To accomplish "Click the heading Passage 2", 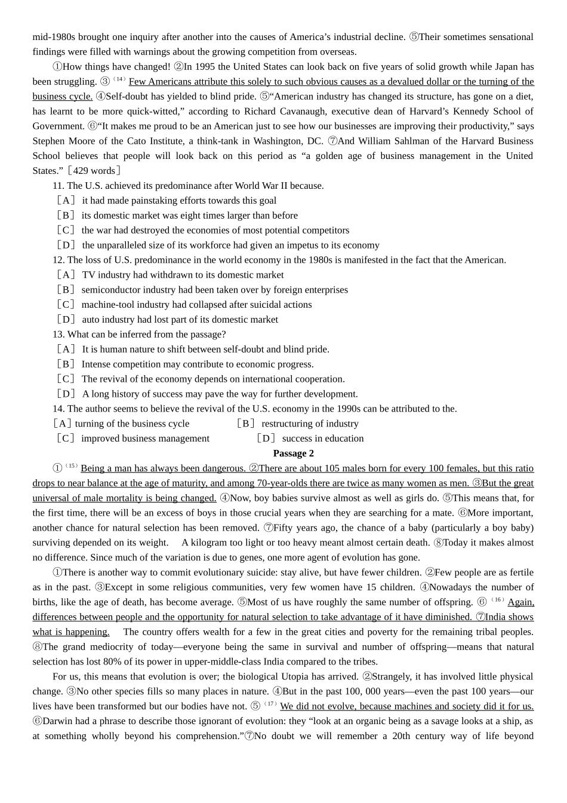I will coord(293,453).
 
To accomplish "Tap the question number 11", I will coord(58,186).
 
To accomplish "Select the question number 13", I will coord(58,335).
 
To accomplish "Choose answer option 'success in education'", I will coord(322,439).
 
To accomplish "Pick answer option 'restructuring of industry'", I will coord(310,424).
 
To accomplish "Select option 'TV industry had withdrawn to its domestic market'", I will coord(183,275).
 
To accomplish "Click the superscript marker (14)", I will coord(119,79).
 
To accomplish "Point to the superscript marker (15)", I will coord(72,466).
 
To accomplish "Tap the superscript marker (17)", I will coord(271,704).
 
